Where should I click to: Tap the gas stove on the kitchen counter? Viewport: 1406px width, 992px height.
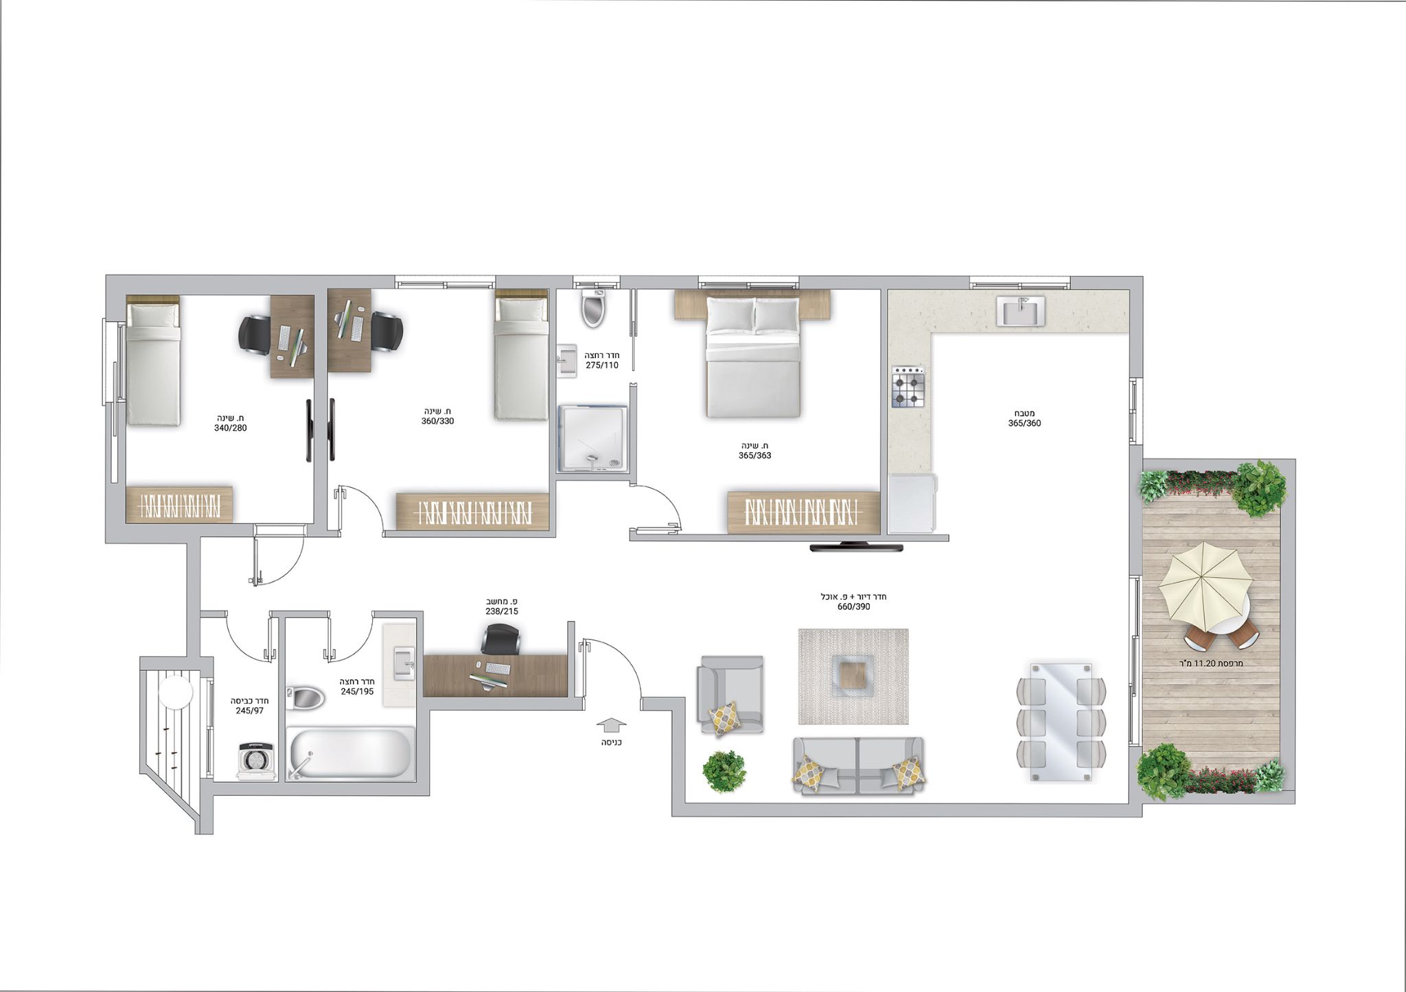pos(908,387)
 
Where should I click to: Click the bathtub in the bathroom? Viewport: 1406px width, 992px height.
pos(349,753)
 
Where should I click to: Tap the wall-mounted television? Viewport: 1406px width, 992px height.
pos(856,546)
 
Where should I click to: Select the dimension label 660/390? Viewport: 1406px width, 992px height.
pos(853,607)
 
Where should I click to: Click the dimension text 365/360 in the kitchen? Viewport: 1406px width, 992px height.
pos(1024,423)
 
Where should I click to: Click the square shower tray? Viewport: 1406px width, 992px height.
pos(592,438)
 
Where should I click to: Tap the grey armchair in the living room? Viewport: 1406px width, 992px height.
pos(730,694)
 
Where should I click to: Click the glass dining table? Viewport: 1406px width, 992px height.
pos(1061,721)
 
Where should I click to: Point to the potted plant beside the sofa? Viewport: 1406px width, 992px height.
pos(724,771)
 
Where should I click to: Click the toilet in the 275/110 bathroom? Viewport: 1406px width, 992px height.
pos(592,309)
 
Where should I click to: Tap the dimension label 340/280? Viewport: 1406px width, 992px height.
pos(231,428)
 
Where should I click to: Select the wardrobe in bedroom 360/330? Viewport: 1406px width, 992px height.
pos(472,511)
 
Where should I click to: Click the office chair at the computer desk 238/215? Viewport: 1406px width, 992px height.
pos(500,639)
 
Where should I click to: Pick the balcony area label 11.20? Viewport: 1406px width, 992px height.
pos(1210,663)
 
